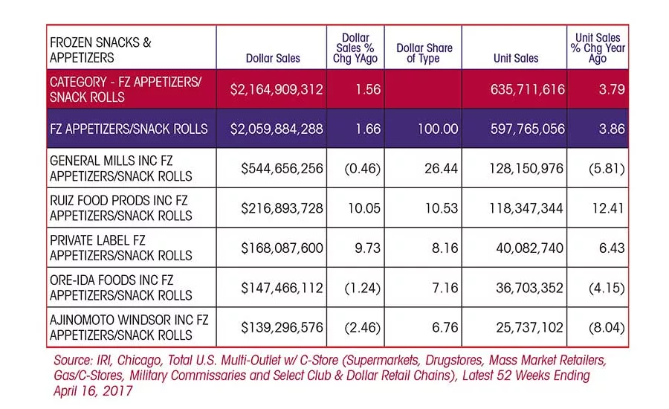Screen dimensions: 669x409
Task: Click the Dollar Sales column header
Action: [273, 58]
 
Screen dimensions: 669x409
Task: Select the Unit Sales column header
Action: [516, 58]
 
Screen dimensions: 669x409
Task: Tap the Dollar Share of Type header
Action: [424, 53]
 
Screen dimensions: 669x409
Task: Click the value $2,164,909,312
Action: [277, 89]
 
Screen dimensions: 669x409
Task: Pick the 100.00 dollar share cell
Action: [438, 129]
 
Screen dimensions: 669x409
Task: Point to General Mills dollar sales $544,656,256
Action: [282, 169]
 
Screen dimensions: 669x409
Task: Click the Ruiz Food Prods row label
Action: [120, 208]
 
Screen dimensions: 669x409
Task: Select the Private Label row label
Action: [120, 248]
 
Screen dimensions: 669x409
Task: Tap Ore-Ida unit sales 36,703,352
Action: [529, 288]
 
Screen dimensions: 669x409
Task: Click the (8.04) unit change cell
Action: [607, 327]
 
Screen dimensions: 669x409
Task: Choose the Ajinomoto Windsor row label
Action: [129, 327]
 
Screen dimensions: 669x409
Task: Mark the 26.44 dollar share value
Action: [441, 169]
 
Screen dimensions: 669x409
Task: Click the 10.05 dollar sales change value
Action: [364, 208]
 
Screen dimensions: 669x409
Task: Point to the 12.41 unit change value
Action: [608, 208]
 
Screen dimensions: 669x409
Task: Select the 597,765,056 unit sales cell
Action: [527, 129]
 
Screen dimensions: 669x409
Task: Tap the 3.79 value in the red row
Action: [612, 89]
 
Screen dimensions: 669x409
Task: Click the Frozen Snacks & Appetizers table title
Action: [100, 50]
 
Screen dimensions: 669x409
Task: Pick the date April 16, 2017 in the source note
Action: [93, 391]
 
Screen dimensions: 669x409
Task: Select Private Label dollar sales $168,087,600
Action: [282, 248]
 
